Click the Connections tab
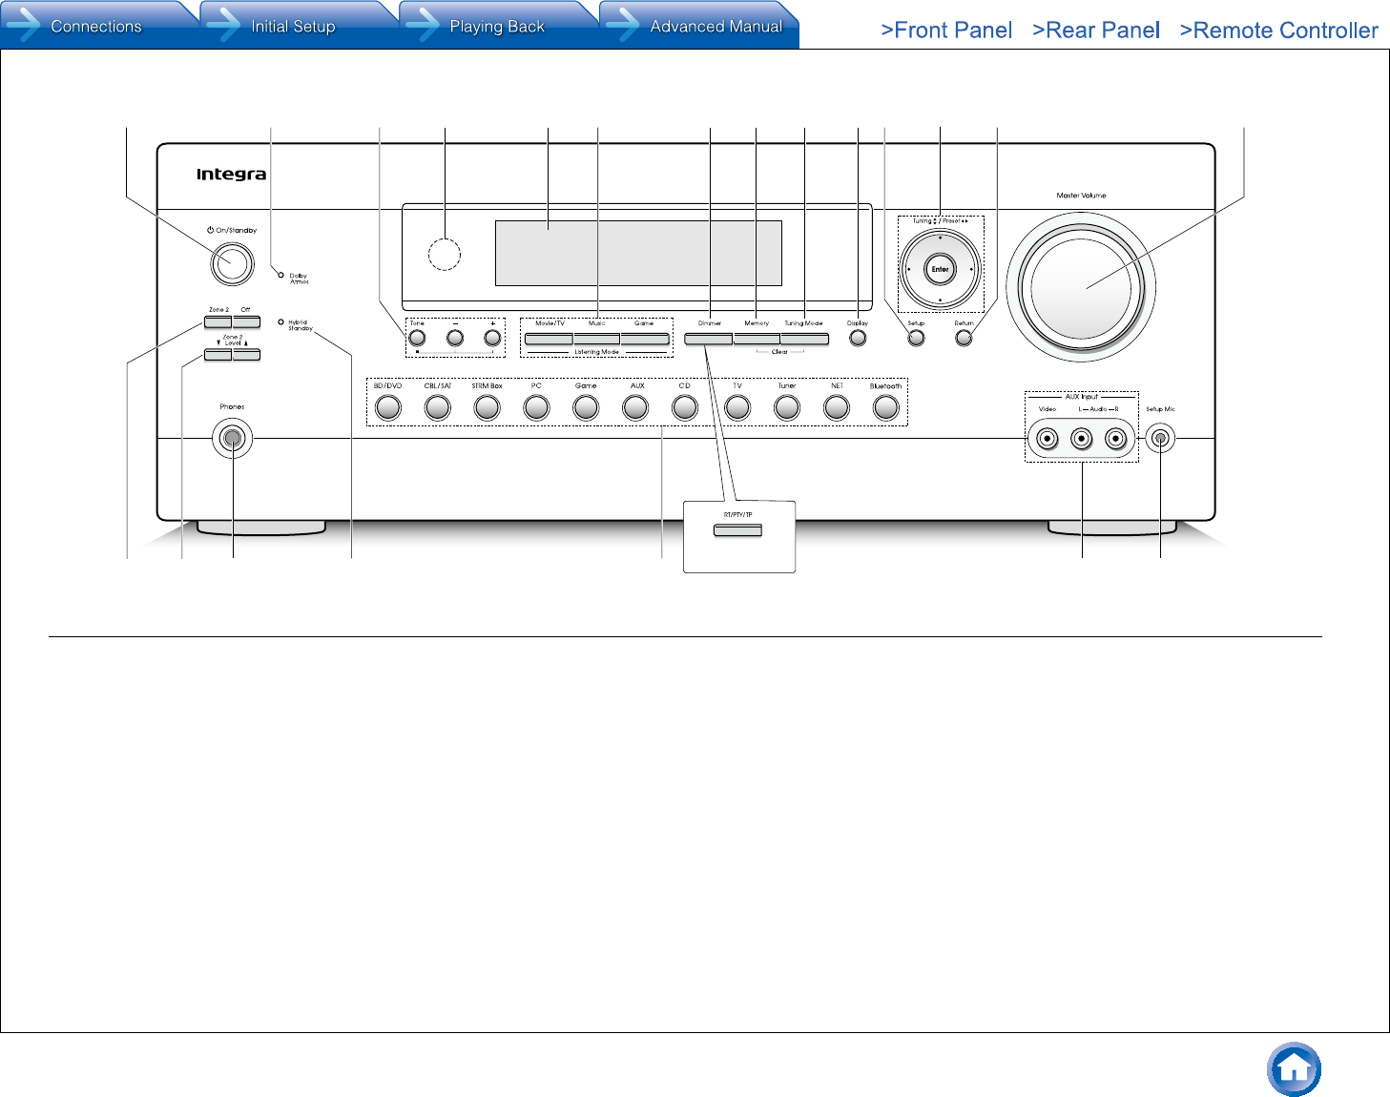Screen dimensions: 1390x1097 (95, 27)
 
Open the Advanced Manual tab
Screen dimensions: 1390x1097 (716, 27)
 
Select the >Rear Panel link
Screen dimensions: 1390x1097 (1096, 31)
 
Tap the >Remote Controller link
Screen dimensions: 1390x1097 (1278, 31)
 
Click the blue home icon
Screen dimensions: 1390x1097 (1294, 1069)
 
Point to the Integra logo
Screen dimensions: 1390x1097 (231, 175)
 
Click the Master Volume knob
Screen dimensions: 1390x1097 (1081, 287)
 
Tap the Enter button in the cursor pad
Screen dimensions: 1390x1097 (941, 269)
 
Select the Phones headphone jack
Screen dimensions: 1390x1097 (232, 439)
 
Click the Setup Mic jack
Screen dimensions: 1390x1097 (1160, 439)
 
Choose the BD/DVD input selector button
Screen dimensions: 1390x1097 (387, 407)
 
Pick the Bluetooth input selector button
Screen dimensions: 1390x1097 (885, 407)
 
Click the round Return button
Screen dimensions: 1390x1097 (964, 338)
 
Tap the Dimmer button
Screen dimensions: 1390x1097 (708, 339)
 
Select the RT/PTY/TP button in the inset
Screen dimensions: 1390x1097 (737, 529)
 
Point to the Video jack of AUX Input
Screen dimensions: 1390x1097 (1048, 439)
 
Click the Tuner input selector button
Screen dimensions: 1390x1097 (786, 407)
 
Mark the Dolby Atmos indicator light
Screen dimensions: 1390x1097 (280, 276)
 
